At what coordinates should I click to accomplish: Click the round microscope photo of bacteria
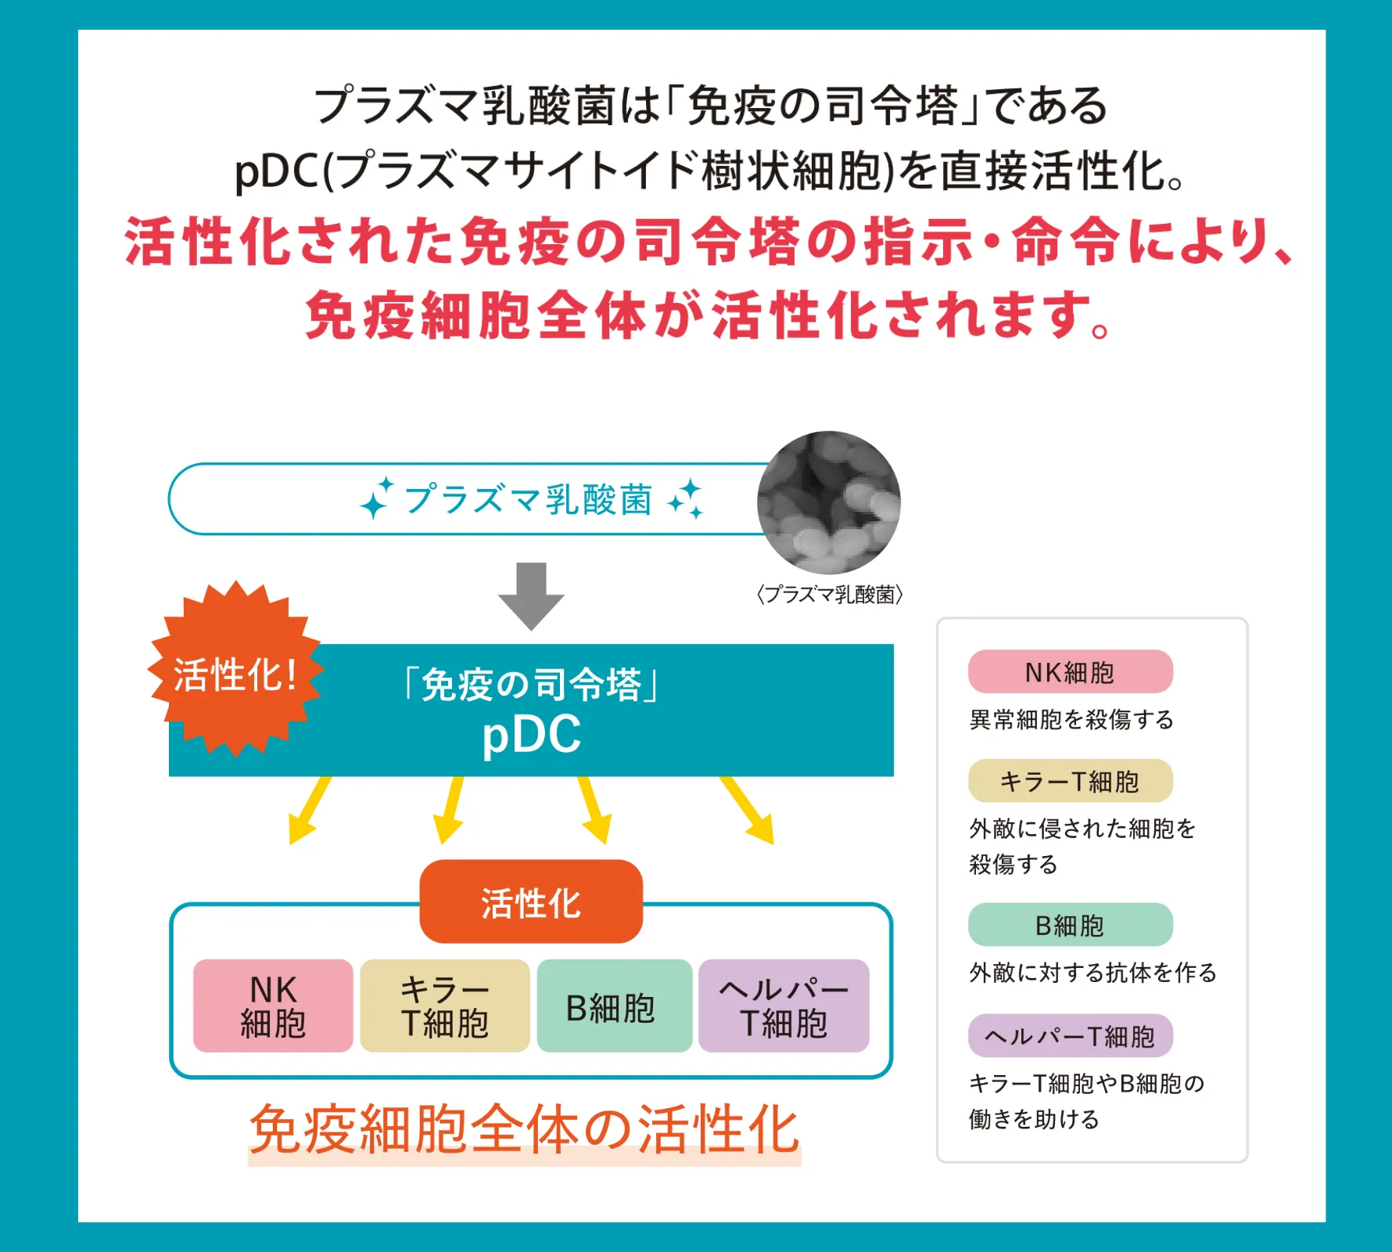(x=829, y=502)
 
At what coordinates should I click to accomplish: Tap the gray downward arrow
(x=531, y=595)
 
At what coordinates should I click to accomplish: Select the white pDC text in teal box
(x=531, y=734)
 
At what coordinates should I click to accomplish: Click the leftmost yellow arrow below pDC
(x=309, y=811)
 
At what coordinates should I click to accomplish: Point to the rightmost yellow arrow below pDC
(x=748, y=811)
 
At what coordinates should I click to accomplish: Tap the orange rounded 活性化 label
(x=531, y=902)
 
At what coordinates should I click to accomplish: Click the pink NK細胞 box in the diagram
(x=273, y=1006)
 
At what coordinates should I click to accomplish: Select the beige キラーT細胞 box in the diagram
(x=444, y=1006)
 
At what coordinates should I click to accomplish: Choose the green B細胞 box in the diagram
(x=614, y=1006)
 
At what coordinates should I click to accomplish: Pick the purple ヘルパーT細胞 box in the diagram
(x=784, y=1006)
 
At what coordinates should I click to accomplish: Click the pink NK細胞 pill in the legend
(x=1070, y=671)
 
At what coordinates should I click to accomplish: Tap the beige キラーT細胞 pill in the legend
(x=1070, y=781)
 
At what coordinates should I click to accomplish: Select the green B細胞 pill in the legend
(x=1070, y=925)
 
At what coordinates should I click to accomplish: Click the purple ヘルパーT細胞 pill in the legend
(x=1070, y=1036)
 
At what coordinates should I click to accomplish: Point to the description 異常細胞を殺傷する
(x=1071, y=719)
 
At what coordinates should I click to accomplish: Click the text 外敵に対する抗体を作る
(x=1092, y=973)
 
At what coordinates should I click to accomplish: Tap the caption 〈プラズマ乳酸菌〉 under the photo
(x=829, y=595)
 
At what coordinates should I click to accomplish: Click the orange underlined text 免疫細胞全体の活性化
(x=524, y=1130)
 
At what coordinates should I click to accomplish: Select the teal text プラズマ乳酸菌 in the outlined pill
(x=528, y=499)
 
